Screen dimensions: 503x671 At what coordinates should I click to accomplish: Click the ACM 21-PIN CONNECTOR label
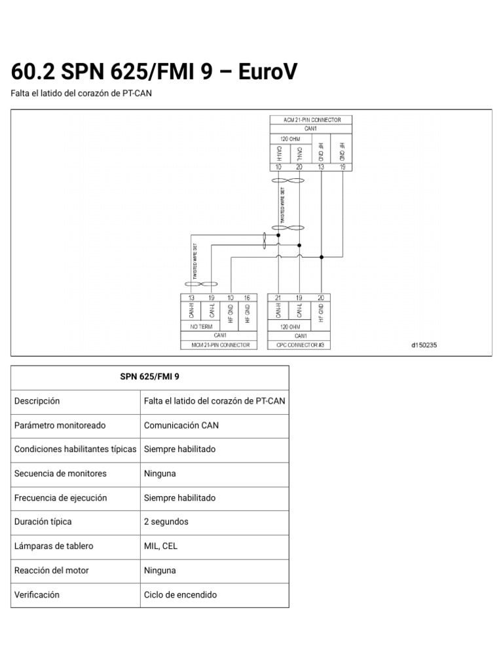(x=312, y=120)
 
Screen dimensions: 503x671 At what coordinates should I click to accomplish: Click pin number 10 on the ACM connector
(x=278, y=168)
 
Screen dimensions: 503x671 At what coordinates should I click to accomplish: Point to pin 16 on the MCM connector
(x=247, y=297)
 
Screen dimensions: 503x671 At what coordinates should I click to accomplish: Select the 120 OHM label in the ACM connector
(x=289, y=138)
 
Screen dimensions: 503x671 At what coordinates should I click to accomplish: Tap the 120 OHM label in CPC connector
(x=289, y=326)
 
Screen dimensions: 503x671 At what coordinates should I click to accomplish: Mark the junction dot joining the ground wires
(x=321, y=257)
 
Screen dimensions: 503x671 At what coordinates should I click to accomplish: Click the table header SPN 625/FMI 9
(x=149, y=377)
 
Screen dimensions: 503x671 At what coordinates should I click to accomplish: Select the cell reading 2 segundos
(x=166, y=522)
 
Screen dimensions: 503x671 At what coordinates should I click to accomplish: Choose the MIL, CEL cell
(x=160, y=546)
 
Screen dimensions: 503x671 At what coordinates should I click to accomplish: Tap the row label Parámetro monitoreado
(x=60, y=425)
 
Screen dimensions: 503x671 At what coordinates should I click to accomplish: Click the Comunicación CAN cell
(x=181, y=425)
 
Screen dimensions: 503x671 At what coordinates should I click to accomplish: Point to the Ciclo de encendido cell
(x=180, y=595)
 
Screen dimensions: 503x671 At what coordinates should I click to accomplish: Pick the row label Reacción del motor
(x=51, y=571)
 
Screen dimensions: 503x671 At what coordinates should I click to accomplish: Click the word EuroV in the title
(x=267, y=72)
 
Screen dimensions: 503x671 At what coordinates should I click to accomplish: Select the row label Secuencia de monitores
(x=60, y=474)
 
